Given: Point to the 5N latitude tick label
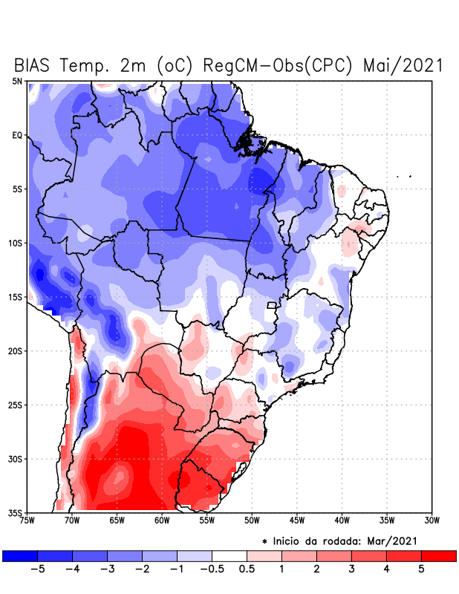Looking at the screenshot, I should point(17,81).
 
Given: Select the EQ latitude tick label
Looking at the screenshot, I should point(17,135).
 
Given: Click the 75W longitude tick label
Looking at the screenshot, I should point(27,520).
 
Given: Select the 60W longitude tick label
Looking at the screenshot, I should point(162,520).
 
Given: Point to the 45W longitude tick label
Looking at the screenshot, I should point(297,520).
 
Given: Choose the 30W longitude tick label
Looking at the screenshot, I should point(432,520).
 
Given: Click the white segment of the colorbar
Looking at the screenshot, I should point(229,555).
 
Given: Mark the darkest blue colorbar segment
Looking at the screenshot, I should point(20,555).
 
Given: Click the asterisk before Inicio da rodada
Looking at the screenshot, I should point(264,541).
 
